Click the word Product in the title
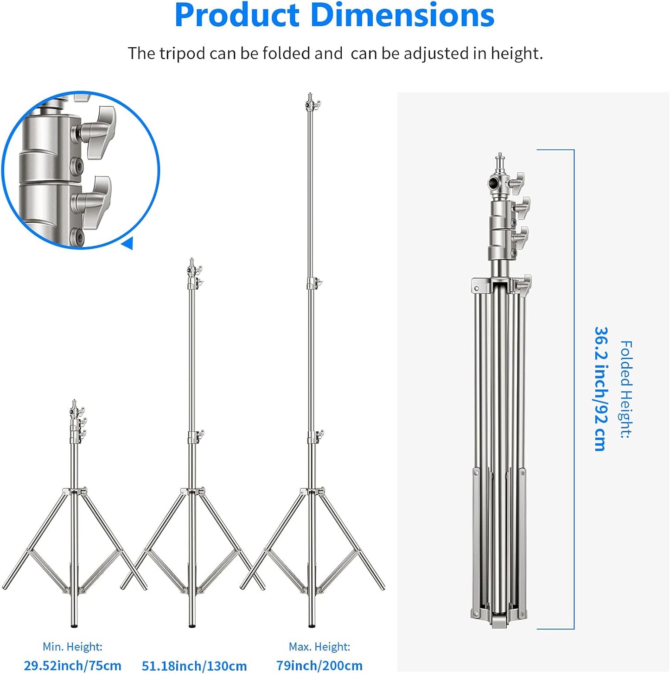(237, 15)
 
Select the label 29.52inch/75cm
(73, 665)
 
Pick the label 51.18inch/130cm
(194, 666)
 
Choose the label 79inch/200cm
(319, 665)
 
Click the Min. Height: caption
(72, 646)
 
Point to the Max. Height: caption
(319, 646)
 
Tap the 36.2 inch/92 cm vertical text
(600, 389)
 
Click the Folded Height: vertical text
(626, 389)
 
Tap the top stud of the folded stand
(500, 160)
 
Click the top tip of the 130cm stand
(191, 261)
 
